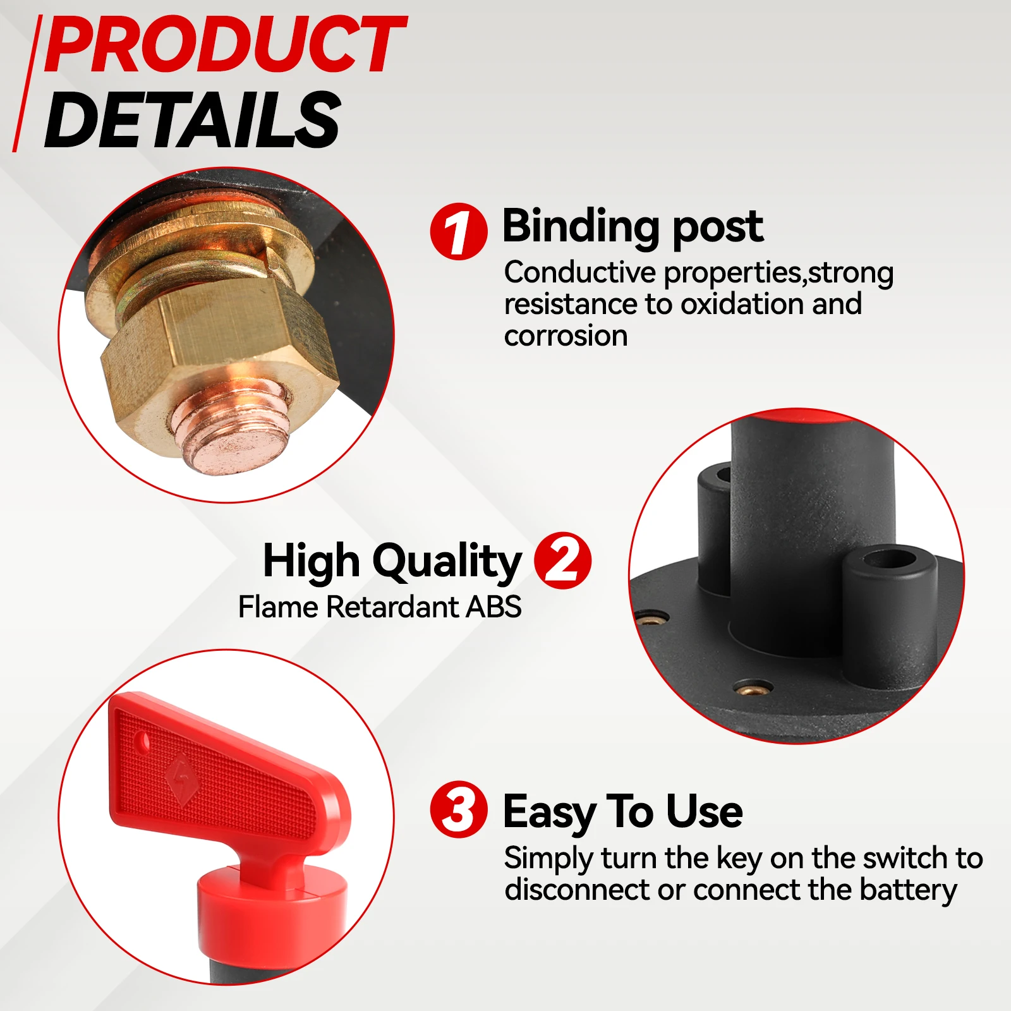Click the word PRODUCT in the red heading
tap(224, 45)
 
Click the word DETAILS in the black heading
tap(193, 120)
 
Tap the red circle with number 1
tap(459, 231)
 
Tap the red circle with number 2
tap(562, 560)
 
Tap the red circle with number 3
tap(459, 810)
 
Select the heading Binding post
tap(633, 226)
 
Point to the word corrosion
tap(566, 336)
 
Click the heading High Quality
tap(392, 560)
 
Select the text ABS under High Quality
tap(493, 607)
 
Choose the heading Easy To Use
tap(622, 811)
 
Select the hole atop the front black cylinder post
tap(891, 559)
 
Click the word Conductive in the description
tap(579, 273)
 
